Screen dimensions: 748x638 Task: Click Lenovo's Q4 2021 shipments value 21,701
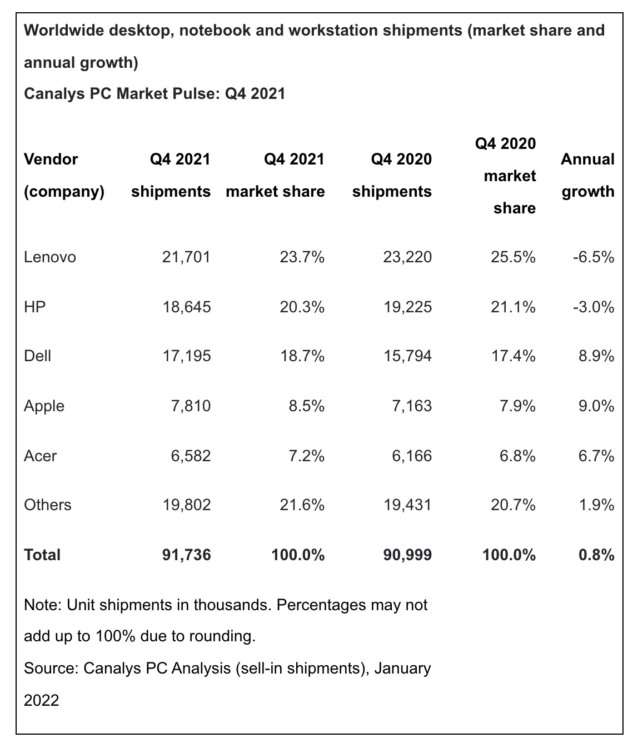pos(186,257)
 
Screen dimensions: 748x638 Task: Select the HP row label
pos(34,306)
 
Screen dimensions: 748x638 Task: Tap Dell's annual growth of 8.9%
pos(596,356)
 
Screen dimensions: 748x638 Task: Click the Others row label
pos(48,505)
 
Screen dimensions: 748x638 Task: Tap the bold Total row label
pos(42,555)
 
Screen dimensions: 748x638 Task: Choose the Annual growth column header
pos(587,175)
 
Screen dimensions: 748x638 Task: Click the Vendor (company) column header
pos(64,175)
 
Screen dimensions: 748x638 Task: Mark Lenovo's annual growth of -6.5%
pos(594,257)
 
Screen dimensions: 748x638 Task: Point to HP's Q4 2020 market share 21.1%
pos(513,306)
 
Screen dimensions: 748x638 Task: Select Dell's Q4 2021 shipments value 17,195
pos(186,356)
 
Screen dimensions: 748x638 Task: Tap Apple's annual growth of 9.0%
pos(596,406)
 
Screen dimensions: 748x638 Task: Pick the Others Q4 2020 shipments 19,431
pos(407,505)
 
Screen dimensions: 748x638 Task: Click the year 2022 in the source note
pos(41,700)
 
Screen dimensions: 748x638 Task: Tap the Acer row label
pos(40,456)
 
